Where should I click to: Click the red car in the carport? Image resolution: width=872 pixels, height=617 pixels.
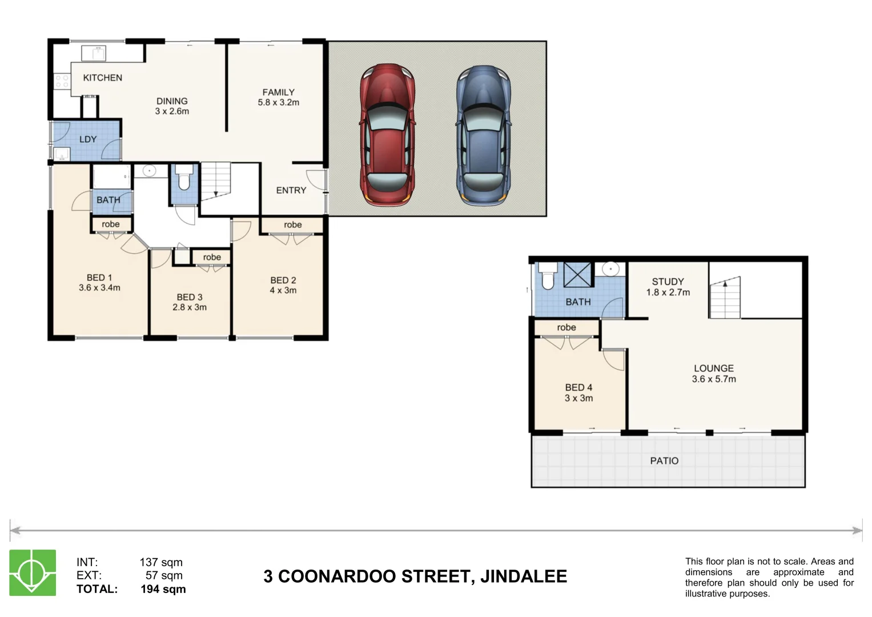387,135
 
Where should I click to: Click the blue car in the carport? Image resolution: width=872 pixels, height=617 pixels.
483,135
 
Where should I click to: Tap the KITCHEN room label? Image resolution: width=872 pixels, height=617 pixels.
102,78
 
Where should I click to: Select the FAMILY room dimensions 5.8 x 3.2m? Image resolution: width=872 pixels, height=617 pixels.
278,103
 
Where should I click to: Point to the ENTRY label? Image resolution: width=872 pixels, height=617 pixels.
291,190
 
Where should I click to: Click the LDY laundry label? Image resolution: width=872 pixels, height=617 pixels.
88,139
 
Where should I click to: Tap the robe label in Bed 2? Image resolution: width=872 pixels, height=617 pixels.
292,225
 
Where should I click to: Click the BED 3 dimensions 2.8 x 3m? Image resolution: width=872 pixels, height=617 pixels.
190,307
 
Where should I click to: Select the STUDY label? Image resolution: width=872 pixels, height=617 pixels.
668,282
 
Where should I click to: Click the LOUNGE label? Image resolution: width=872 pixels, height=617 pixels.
713,368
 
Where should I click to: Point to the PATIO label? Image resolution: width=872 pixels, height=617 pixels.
664,461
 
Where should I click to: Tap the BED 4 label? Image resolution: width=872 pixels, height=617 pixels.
578,387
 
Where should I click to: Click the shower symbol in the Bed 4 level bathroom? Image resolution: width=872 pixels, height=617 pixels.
578,275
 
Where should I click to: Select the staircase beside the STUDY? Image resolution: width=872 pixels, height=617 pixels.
725,298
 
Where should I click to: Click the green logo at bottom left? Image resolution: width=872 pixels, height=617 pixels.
33,573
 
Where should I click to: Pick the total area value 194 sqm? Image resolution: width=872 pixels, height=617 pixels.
163,589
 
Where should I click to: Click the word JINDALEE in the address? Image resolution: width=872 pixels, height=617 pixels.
524,576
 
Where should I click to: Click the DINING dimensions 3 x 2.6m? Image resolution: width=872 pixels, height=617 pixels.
172,111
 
